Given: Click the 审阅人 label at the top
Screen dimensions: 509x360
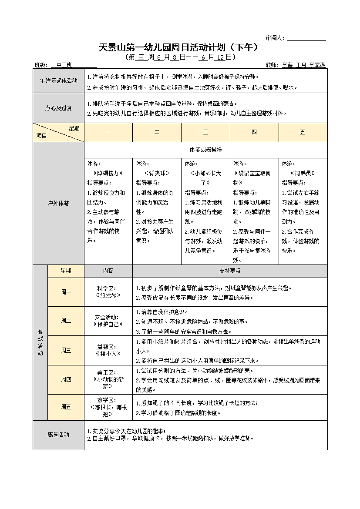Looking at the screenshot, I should [x=275, y=38].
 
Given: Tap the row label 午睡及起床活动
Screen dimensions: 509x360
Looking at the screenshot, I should [x=58, y=80].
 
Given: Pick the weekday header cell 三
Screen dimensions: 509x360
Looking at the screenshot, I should [x=205, y=132].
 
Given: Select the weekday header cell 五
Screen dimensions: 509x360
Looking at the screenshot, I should [x=303, y=132].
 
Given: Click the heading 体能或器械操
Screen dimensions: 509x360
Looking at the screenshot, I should [x=205, y=150].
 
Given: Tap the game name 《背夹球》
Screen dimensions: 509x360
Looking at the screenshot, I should [x=157, y=173].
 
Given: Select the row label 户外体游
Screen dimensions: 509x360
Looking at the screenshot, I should [x=58, y=203].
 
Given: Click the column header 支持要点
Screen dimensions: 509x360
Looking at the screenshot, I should [x=230, y=271].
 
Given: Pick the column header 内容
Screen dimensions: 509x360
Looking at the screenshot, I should [x=108, y=271].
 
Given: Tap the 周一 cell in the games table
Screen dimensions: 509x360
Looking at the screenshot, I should [x=66, y=292].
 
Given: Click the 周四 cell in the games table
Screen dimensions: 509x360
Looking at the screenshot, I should [x=66, y=379].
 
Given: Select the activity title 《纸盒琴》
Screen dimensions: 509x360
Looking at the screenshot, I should [x=108, y=295].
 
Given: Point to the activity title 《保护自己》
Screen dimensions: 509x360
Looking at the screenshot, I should [x=108, y=324].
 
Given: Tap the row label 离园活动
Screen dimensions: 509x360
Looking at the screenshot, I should [x=58, y=435].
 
